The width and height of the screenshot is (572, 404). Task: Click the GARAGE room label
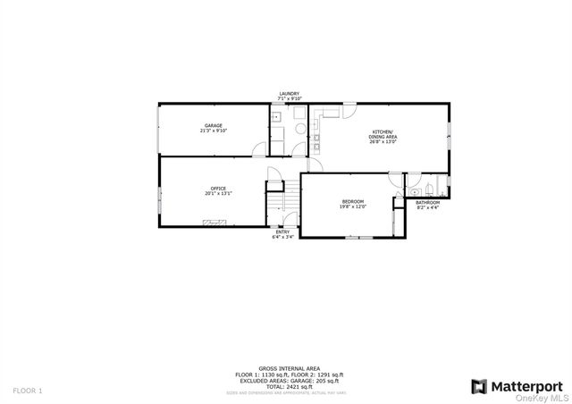click(x=213, y=125)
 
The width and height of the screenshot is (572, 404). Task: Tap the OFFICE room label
click(x=218, y=189)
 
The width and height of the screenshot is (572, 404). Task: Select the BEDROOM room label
click(x=352, y=202)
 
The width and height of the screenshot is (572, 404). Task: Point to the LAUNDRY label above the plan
click(x=289, y=93)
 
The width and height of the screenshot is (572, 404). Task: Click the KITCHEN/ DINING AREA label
click(x=384, y=134)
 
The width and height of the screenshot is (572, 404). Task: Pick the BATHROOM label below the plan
click(x=428, y=202)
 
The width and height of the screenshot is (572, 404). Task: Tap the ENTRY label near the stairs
click(x=282, y=231)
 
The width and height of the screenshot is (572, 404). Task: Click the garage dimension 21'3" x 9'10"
click(x=214, y=130)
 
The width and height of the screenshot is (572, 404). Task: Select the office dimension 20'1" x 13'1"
click(x=218, y=193)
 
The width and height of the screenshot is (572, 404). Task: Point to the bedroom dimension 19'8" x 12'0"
click(x=352, y=207)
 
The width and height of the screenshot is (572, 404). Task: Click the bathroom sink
click(x=414, y=189)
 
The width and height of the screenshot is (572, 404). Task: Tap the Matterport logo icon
click(x=479, y=386)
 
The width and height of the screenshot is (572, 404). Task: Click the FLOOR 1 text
click(x=27, y=391)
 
